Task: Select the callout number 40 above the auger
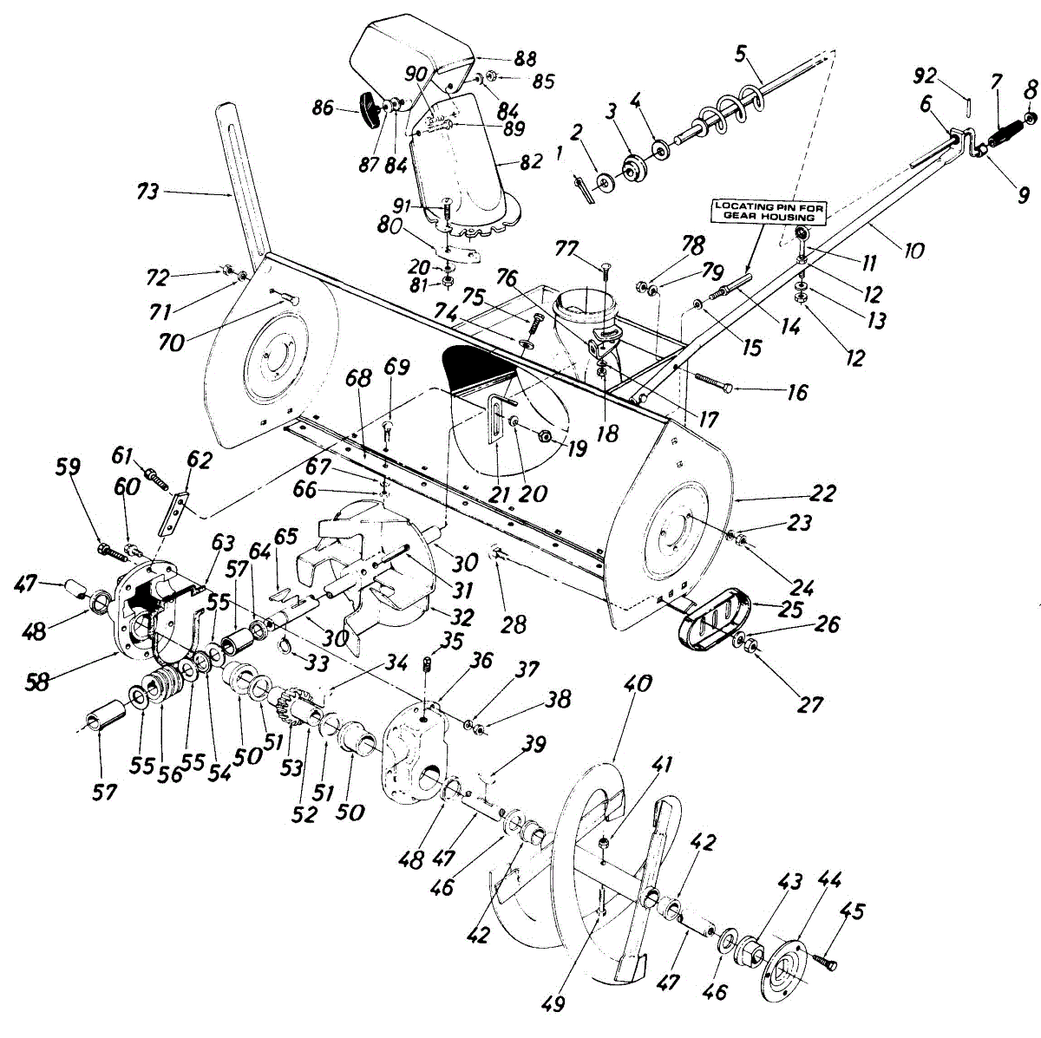click(x=636, y=683)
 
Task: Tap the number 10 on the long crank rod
click(x=913, y=251)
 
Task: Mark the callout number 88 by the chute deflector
click(x=526, y=58)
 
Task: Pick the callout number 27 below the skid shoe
click(x=809, y=704)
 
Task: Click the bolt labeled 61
click(x=156, y=475)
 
